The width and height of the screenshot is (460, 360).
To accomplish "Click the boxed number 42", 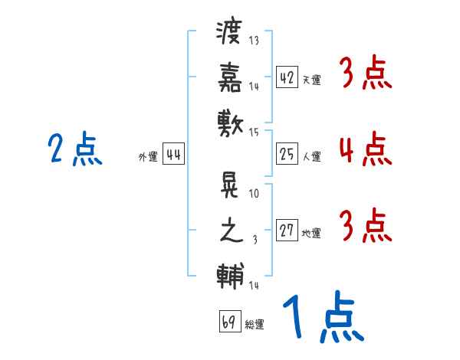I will point(287,77).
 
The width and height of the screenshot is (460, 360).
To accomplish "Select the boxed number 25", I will point(287,155).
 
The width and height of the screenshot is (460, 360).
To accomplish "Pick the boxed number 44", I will point(173,155).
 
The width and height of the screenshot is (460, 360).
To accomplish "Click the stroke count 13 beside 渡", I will point(254,41).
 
